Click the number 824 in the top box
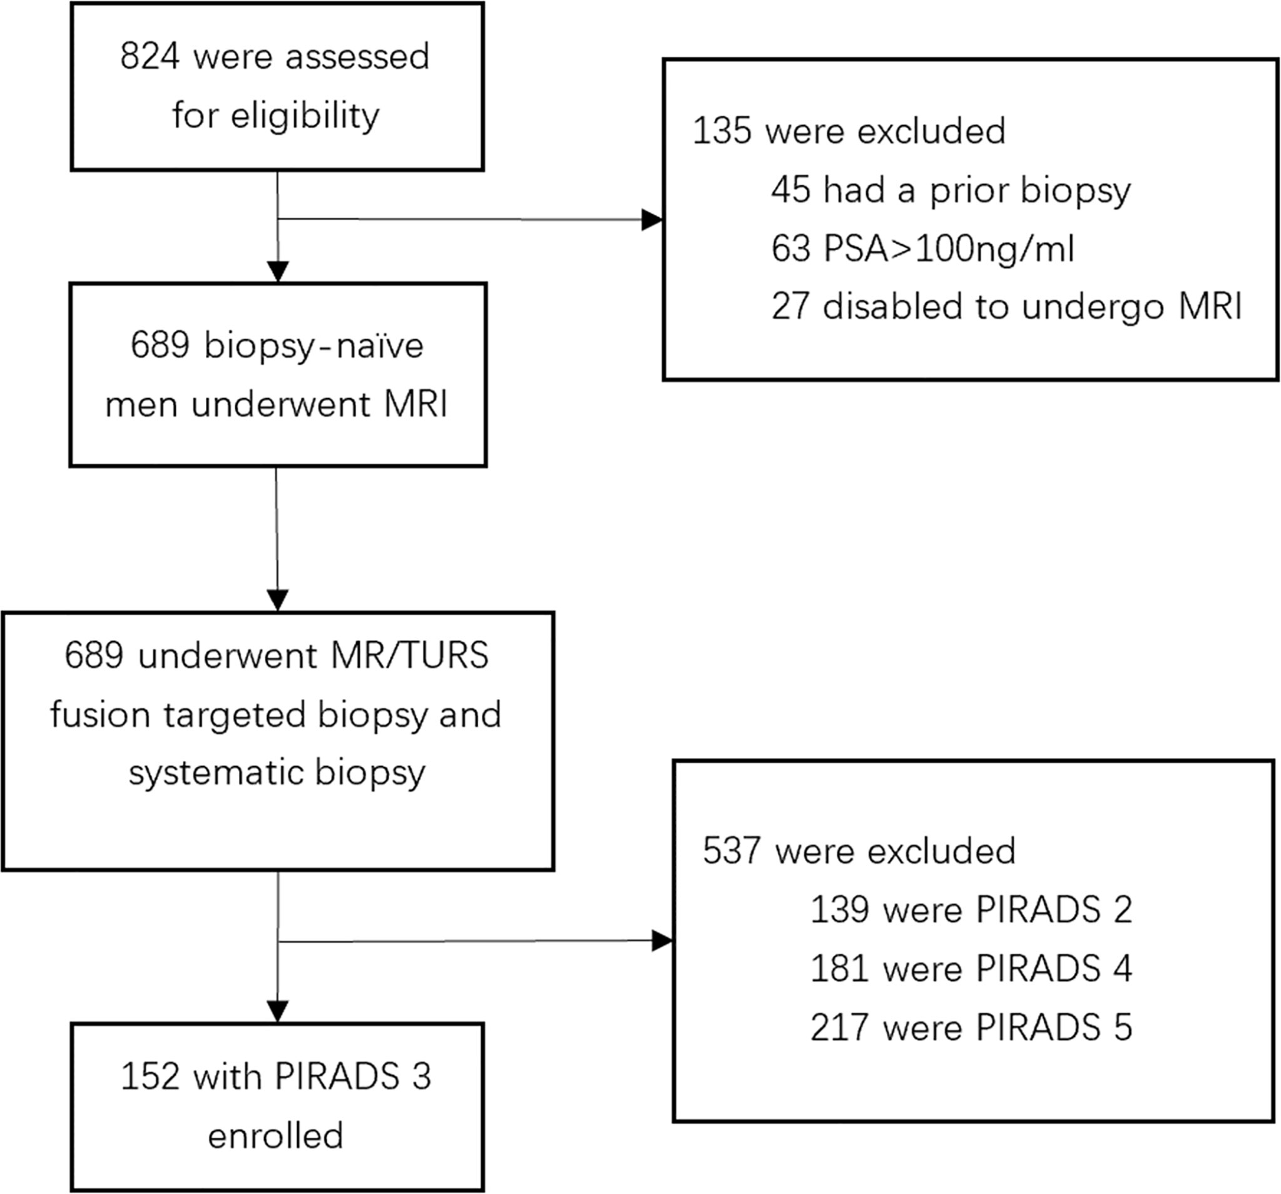pos(150,57)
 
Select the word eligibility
pos(305,116)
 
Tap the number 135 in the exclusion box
pos(722,131)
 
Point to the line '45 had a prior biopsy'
pos(951,190)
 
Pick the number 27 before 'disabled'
pos(790,307)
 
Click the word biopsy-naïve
pos(313,346)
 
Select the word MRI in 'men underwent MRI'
pos(415,405)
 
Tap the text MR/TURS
pos(410,656)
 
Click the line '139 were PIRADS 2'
pos(971,910)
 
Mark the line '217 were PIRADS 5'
pos(971,1027)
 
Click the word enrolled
pos(276,1135)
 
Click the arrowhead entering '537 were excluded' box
pos(661,941)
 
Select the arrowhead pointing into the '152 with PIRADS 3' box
pos(278,1011)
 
